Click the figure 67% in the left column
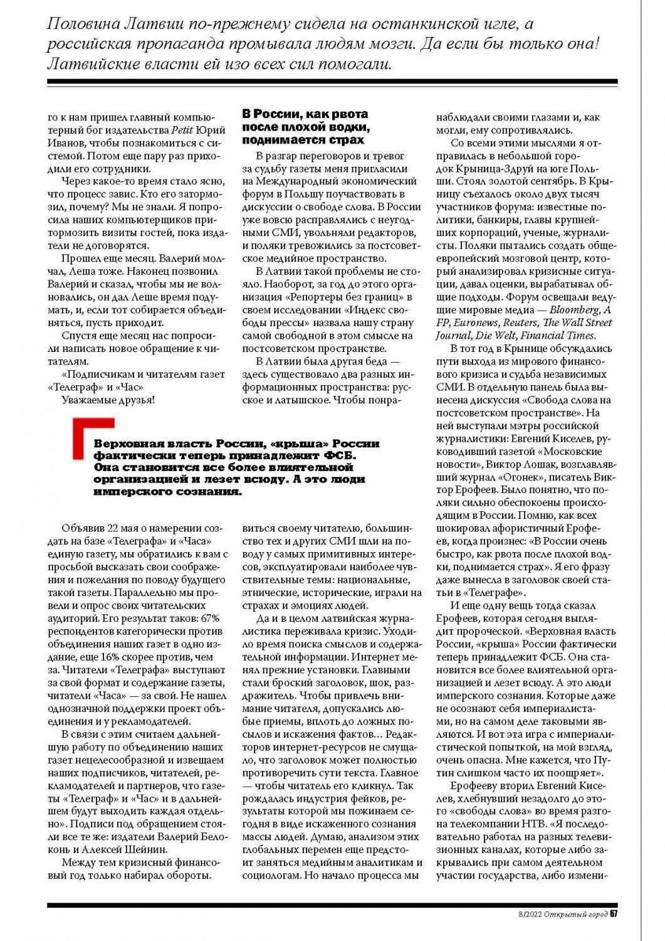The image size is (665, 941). pyautogui.click(x=208, y=618)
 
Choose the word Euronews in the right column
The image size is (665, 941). pyautogui.click(x=476, y=322)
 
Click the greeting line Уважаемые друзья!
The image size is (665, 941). pyautogui.click(x=108, y=400)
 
